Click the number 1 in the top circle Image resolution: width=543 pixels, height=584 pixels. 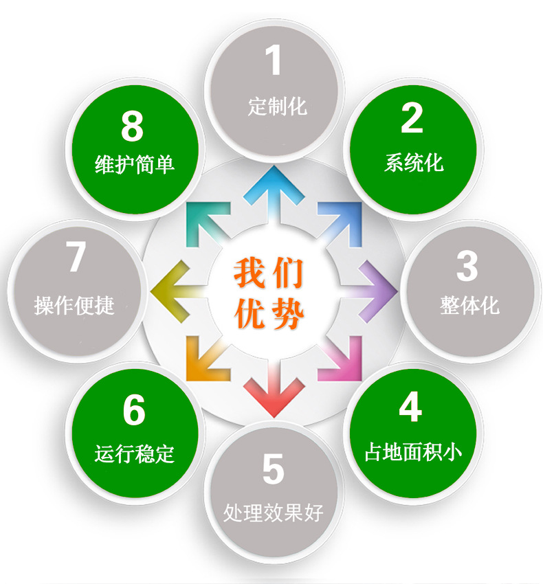pos(273,60)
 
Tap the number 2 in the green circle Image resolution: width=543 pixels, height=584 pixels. pos(412,117)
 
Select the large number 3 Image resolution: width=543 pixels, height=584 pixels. pos(467,266)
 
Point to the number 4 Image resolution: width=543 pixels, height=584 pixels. pos(410,407)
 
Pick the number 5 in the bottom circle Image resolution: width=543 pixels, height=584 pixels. pos(273,469)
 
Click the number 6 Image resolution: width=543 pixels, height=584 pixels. pos(134,409)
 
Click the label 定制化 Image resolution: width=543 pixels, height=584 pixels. pos(277,106)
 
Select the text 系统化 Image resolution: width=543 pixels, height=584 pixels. pos(414,163)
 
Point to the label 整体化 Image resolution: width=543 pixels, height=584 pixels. pos(469,306)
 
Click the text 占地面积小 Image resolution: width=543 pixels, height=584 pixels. pos(413,452)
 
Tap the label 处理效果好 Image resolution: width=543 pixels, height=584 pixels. pos(273,513)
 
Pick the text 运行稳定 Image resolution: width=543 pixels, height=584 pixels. pos(134,453)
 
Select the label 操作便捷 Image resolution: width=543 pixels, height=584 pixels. pos(74,306)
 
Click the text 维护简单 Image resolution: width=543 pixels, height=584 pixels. pos(135,164)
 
